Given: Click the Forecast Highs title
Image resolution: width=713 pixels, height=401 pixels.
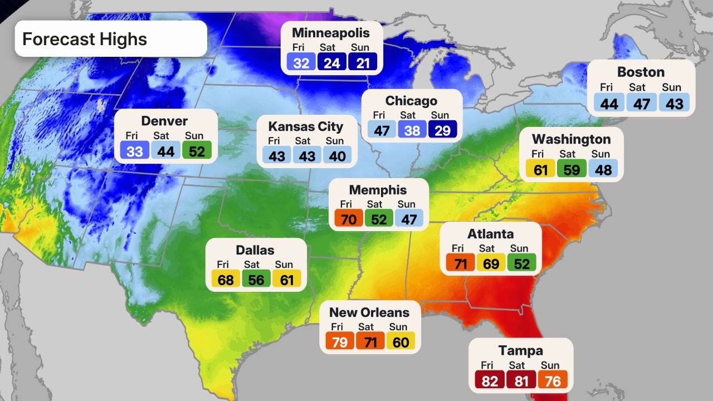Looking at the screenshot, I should coord(85,39).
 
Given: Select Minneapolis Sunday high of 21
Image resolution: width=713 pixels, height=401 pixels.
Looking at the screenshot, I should coord(363,63).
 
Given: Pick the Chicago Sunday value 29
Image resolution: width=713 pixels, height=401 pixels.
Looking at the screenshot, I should coord(443,130).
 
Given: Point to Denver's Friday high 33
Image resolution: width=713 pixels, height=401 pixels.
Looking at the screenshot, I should coord(135,150).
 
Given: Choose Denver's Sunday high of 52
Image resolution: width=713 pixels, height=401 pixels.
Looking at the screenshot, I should coord(197,150).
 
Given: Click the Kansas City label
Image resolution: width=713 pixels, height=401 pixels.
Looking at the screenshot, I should coord(306,126).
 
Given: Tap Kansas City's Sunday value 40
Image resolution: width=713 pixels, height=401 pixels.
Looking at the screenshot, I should coord(337,156).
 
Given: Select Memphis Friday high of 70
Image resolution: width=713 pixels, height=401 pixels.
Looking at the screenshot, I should coord(348,219).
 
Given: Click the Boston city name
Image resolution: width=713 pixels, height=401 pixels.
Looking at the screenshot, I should coord(641,72).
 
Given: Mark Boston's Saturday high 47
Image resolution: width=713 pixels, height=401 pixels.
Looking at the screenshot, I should coord(641,104).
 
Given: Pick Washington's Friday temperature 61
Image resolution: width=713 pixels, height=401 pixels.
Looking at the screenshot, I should coord(540,169).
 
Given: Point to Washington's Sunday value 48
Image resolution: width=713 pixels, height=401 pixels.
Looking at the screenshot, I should coord(603,169).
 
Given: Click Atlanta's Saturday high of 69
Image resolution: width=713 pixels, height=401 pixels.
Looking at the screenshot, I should coord(491,263).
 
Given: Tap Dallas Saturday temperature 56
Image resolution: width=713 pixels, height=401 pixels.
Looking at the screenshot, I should coord(256,280).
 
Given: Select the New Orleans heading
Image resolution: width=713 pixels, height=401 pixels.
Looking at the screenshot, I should coord(369,312).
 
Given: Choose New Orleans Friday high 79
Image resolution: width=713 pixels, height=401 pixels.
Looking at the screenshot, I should coord(339,342).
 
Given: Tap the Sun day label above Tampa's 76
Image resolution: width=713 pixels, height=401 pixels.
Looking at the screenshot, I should coord(550,365).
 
